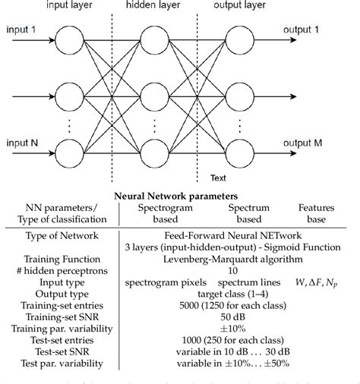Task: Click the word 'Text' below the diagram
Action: point(219,179)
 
